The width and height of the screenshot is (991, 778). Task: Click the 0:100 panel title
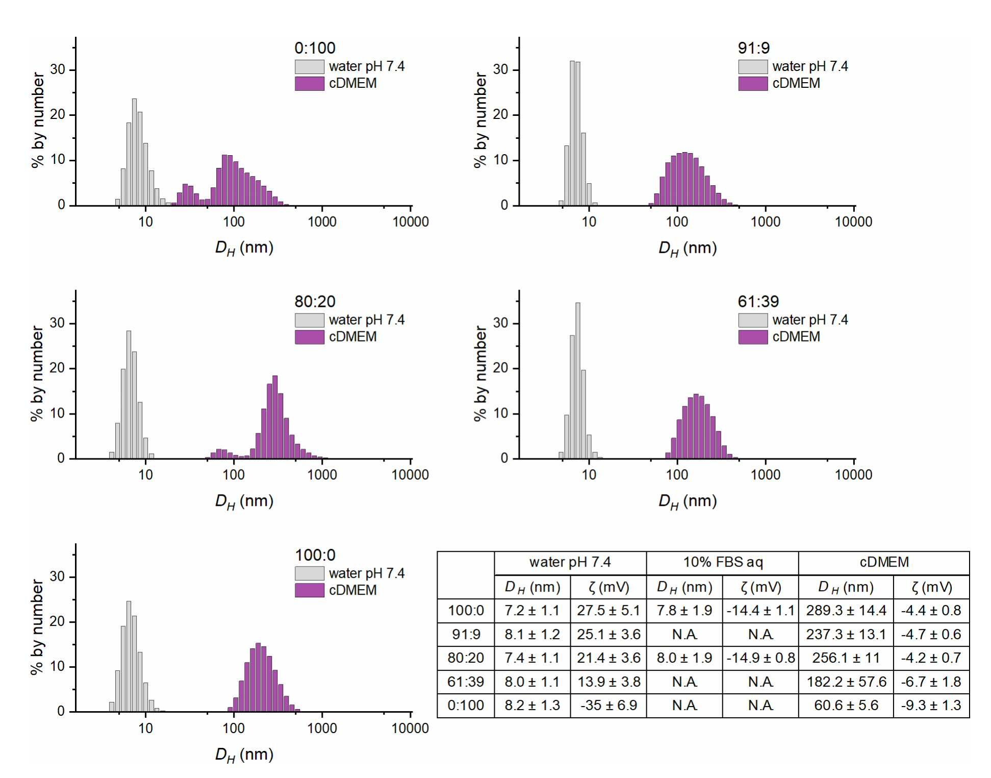315,48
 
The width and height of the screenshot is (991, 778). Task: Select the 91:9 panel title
753,48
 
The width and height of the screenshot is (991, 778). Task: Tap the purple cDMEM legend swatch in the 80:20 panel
309,337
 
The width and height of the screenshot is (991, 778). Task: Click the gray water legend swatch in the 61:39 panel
753,320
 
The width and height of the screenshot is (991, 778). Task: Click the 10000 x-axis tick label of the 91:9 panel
853,222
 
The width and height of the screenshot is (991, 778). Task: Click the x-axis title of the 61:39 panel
688,501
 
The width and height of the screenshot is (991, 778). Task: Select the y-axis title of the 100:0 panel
37,627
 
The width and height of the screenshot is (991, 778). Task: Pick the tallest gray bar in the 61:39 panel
577,381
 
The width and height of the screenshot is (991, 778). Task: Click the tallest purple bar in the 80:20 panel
275,417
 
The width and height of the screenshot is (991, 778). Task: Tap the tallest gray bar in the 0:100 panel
134,152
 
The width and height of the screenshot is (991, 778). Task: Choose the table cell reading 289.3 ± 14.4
846,611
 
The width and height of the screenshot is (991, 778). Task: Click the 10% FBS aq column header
723,562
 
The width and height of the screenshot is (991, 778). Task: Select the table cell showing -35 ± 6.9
608,706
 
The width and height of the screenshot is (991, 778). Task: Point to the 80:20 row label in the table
466,658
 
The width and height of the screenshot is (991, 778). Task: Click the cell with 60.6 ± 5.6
846,706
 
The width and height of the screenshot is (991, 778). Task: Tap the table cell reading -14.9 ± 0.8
760,658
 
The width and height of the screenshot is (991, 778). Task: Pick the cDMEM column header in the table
884,562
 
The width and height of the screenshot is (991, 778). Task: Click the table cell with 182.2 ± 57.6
846,682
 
